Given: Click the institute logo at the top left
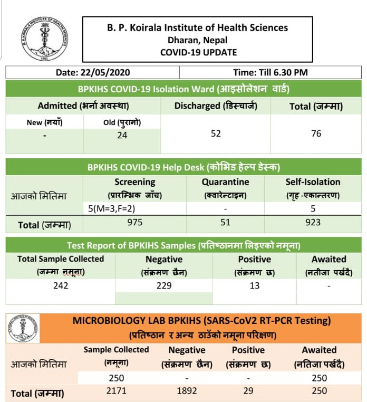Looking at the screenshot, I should (45, 39).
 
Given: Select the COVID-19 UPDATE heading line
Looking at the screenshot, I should (198, 52).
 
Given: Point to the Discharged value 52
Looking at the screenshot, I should (216, 133).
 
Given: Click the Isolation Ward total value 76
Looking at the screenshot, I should (316, 133).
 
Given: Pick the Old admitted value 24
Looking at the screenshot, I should (122, 135).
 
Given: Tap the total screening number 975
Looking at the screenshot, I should (135, 222).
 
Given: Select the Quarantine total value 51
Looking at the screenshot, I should (225, 222).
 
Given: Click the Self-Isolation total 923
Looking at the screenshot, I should (313, 222).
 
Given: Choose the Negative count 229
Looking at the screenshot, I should (164, 285).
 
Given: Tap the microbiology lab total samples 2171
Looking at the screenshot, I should (116, 391).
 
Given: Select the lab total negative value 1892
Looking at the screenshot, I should (187, 391).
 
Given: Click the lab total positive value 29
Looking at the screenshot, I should (248, 391).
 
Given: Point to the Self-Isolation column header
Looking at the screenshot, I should (313, 182).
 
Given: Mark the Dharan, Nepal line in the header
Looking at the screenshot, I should (198, 40).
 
